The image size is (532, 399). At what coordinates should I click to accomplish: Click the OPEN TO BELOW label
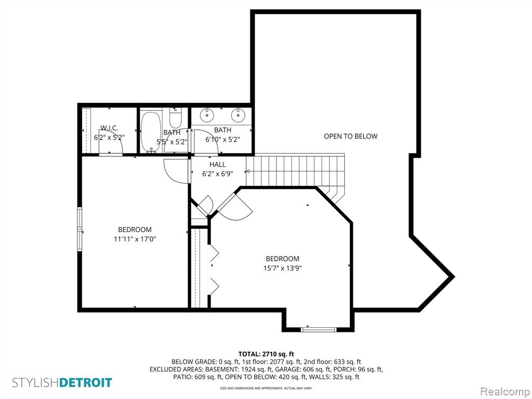pyautogui.click(x=351, y=137)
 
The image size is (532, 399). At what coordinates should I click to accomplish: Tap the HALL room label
pyautogui.click(x=218, y=165)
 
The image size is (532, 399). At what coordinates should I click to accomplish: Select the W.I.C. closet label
pyautogui.click(x=109, y=128)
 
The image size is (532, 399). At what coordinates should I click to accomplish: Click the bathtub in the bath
pyautogui.click(x=150, y=131)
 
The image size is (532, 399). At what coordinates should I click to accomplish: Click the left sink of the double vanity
pyautogui.click(x=207, y=115)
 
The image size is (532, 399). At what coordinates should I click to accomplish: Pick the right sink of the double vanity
pyautogui.click(x=238, y=115)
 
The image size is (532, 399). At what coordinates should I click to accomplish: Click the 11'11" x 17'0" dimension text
pyautogui.click(x=135, y=239)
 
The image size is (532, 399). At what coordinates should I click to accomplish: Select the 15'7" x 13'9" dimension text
pyautogui.click(x=283, y=269)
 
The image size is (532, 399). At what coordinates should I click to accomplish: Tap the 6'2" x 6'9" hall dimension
pyautogui.click(x=218, y=174)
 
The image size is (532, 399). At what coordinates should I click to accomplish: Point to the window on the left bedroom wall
pyautogui.click(x=79, y=230)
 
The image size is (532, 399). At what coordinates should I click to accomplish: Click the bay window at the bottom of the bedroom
pyautogui.click(x=318, y=329)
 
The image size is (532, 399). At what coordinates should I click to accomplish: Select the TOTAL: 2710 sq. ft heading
pyautogui.click(x=266, y=354)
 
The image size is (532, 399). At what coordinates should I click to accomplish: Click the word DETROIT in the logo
pyautogui.click(x=86, y=383)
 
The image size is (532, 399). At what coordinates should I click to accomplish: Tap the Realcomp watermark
pyautogui.click(x=504, y=391)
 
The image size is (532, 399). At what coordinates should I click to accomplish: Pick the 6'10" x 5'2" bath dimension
pyautogui.click(x=222, y=139)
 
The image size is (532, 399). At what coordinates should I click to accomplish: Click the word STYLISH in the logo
pyautogui.click(x=36, y=383)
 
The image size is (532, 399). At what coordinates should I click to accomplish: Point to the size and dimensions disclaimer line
pyautogui.click(x=266, y=388)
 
